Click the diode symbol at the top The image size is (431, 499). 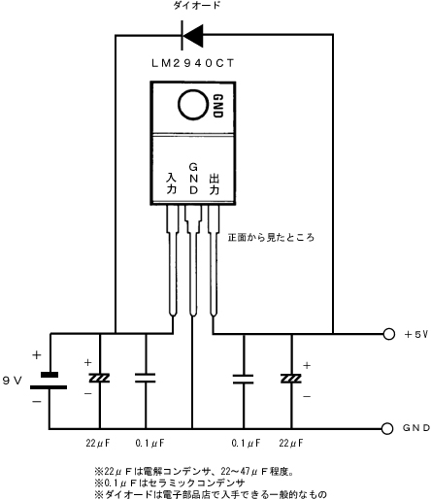[192, 35]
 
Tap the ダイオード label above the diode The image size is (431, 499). [197, 5]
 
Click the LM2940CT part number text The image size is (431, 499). [192, 63]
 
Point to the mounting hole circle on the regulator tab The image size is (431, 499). [192, 105]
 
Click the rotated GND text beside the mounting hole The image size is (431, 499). [218, 106]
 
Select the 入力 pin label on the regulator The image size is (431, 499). [172, 183]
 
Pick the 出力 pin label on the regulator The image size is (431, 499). [215, 184]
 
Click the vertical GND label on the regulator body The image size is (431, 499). [193, 179]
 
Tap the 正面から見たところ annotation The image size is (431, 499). [271, 238]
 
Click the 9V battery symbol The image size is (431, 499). [49, 381]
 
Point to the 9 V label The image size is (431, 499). [13, 381]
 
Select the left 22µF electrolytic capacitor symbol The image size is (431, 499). [99, 378]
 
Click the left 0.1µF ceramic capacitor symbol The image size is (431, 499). [146, 378]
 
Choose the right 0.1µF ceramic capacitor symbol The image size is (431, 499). [244, 379]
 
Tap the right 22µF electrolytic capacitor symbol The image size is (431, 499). [291, 379]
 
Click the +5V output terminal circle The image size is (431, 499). [388, 334]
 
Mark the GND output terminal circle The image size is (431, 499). [387, 428]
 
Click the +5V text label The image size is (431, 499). [416, 334]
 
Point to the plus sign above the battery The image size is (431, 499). [37, 355]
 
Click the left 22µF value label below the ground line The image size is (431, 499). [98, 443]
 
